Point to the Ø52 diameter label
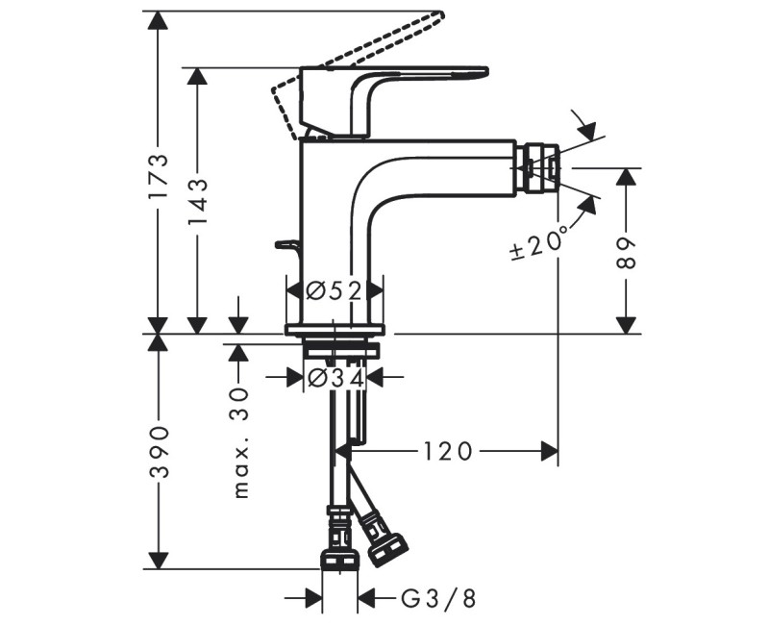click(x=335, y=289)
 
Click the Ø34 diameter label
click(x=335, y=378)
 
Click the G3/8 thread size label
click(x=438, y=600)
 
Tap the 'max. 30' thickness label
click(x=240, y=441)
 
